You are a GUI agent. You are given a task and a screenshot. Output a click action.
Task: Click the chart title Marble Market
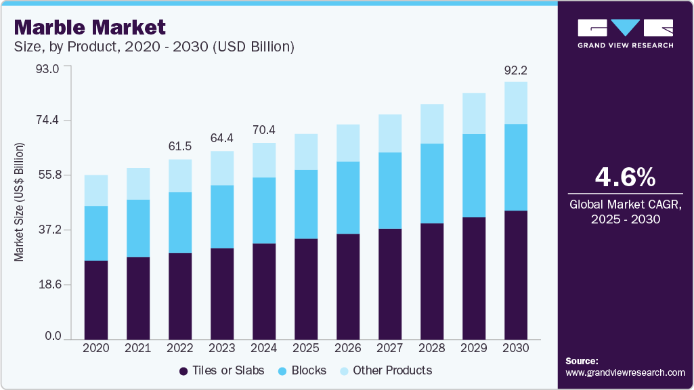[89, 27]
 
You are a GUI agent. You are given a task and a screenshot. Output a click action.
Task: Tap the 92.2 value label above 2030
[515, 69]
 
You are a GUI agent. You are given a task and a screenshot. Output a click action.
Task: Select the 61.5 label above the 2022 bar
[179, 147]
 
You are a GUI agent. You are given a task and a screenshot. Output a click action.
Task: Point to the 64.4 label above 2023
[221, 138]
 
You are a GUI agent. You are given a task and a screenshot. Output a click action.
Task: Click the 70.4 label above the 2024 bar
[263, 130]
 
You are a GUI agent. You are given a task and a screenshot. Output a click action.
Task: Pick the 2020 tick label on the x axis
[95, 347]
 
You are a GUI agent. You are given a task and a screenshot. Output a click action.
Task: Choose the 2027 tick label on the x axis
[389, 347]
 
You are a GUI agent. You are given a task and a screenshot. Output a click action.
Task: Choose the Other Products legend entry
[385, 370]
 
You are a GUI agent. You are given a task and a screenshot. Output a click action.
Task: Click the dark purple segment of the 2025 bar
[305, 288]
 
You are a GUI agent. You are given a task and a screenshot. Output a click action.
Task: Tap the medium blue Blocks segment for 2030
[515, 167]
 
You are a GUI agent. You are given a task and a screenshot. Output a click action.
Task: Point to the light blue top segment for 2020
[95, 190]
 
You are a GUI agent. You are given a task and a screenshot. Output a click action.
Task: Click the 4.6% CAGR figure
[624, 177]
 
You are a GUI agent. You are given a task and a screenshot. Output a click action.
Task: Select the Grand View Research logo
[625, 33]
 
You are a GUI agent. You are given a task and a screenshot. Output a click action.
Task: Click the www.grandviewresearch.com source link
[625, 372]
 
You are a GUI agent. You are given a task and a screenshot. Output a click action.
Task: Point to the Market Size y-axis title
[20, 202]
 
